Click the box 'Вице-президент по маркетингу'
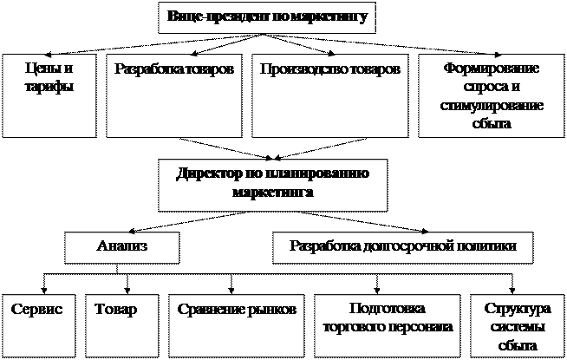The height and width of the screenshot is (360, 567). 266,16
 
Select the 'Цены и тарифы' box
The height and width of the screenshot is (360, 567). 47,95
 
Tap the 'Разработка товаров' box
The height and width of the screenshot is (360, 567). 173,95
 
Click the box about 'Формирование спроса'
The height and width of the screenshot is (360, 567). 490,95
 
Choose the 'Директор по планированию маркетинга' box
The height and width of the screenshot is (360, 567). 272,183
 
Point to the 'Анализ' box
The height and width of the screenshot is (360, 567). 121,247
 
